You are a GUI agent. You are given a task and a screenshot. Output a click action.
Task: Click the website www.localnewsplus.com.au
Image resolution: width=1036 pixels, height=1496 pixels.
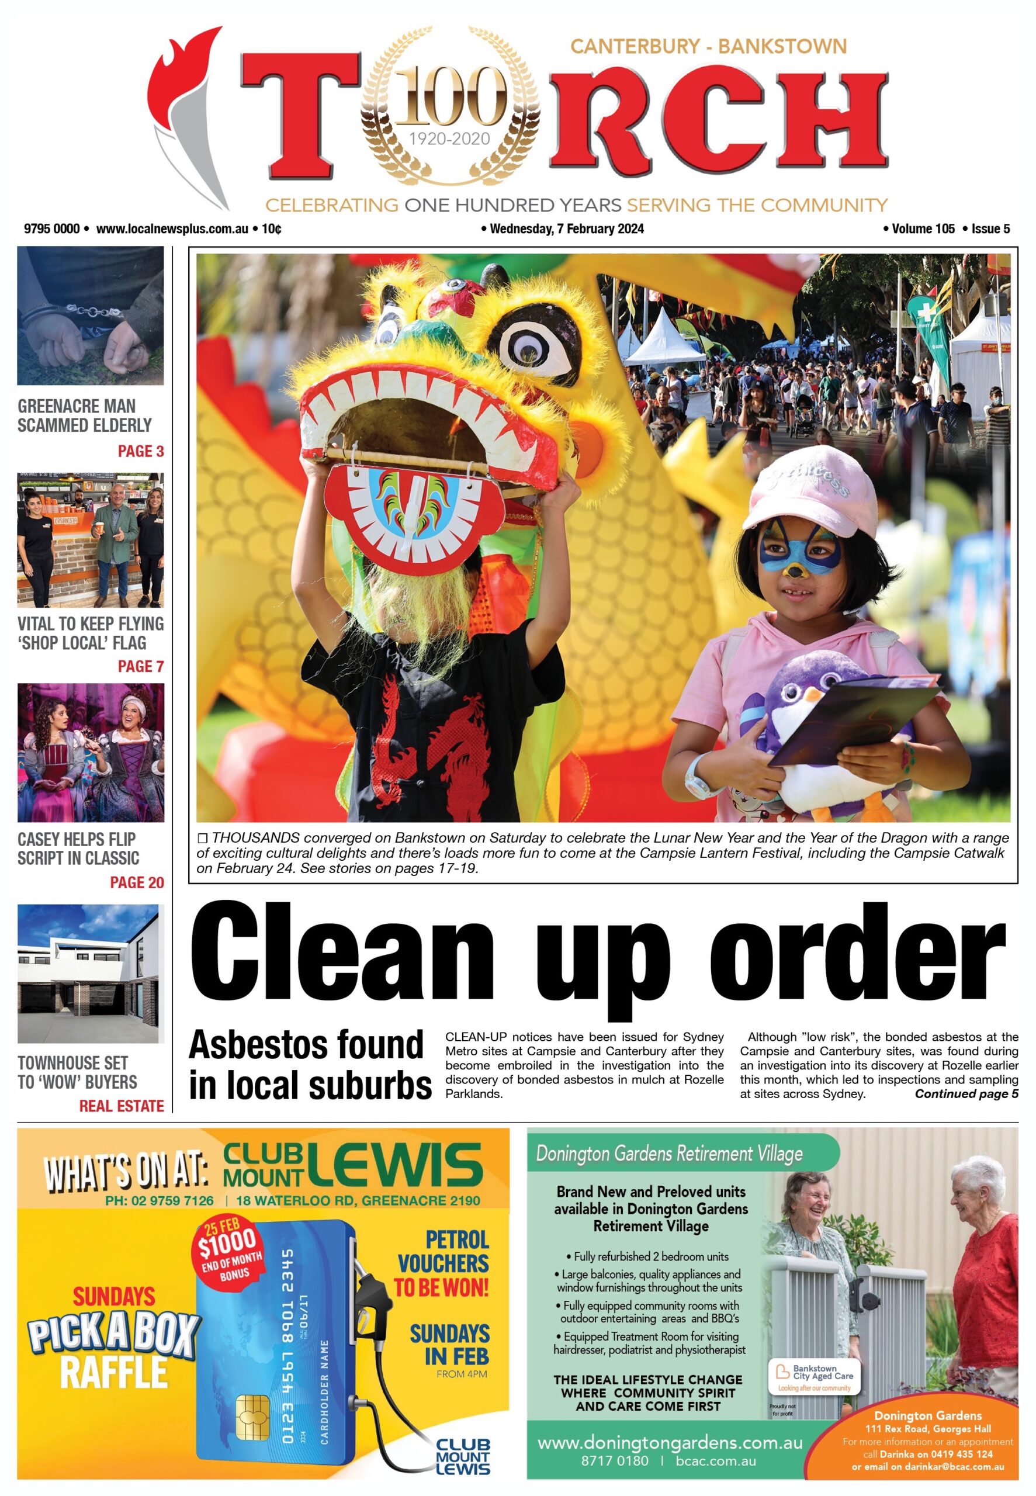[x=172, y=228]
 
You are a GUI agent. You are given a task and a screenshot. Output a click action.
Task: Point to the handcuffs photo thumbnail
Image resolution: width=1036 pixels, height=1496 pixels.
[x=90, y=316]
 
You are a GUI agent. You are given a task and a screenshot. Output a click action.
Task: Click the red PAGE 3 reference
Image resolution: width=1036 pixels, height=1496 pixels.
[x=140, y=451]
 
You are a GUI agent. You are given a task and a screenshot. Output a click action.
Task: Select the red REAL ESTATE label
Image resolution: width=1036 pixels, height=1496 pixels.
[x=122, y=1106]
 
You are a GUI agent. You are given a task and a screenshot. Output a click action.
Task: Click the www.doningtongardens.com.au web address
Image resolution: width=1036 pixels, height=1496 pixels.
[x=670, y=1443]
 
